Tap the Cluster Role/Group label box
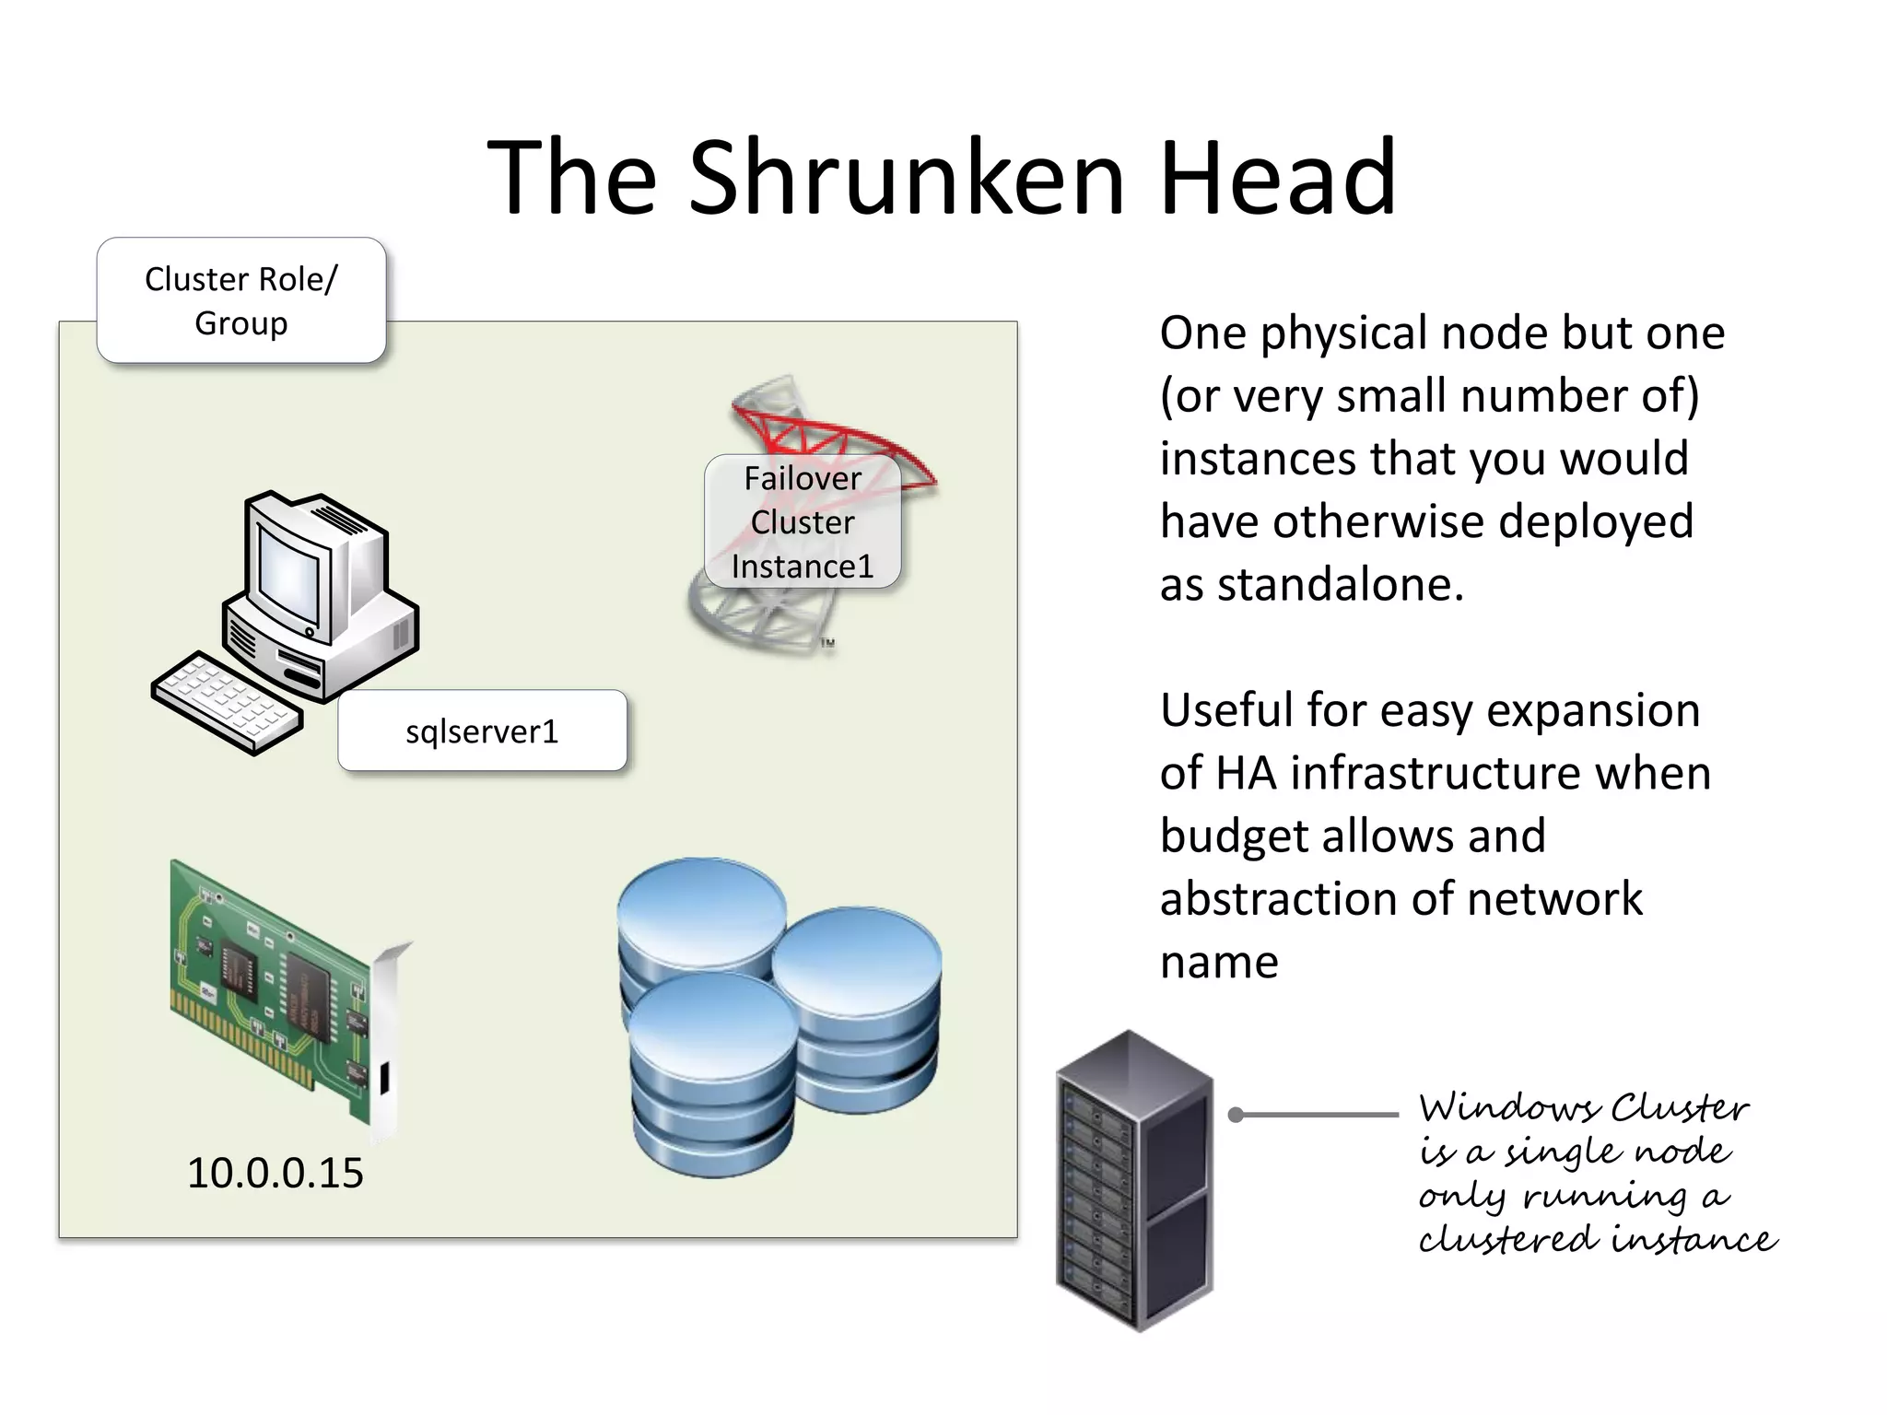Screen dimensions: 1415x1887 point(241,300)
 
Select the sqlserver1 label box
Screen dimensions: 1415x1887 point(482,731)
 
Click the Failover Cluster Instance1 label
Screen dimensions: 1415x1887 point(802,522)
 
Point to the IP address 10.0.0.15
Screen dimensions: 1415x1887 point(275,1173)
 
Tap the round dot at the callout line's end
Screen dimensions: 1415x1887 point(1237,1116)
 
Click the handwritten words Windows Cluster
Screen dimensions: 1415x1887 point(1583,1107)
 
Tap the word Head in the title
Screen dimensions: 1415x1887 point(1277,177)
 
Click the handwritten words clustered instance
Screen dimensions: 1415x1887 point(1596,1239)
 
